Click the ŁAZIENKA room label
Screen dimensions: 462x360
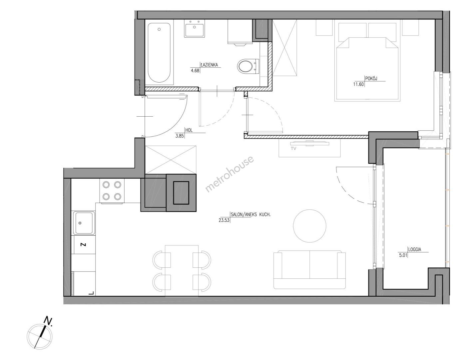coord(209,65)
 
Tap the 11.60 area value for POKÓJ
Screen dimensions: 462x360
coord(358,84)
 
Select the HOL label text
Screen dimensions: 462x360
coord(189,130)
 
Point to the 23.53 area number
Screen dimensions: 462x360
coord(224,220)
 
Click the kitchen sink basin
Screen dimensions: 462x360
coord(84,223)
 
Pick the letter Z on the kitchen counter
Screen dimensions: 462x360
coord(84,245)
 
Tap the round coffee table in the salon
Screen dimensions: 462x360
coord(309,226)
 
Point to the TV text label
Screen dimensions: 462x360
coord(293,149)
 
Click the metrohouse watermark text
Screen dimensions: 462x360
coord(230,174)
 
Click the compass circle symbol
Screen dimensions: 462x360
coord(40,337)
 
